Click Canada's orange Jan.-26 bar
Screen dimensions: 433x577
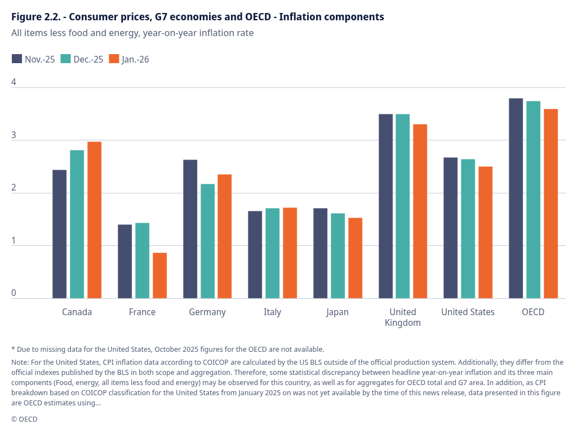tap(94, 220)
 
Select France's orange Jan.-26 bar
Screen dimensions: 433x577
tap(159, 275)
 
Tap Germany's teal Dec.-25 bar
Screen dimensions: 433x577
tap(207, 241)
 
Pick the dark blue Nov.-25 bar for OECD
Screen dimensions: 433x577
tap(516, 198)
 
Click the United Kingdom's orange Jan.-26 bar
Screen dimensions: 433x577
tap(420, 211)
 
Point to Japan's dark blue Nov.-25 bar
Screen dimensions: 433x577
tap(320, 253)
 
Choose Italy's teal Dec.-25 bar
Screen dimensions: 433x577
tap(272, 253)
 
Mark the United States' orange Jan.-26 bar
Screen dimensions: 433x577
tap(485, 232)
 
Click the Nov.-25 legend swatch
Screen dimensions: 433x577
tap(17, 59)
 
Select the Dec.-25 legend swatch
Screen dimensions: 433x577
tap(65, 59)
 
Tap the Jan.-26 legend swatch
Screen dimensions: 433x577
tap(114, 59)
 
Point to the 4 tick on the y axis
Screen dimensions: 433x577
tap(14, 82)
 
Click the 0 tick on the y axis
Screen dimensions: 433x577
tap(14, 293)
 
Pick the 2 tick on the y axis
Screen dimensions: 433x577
tap(14, 188)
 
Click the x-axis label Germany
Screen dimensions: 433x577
tap(207, 312)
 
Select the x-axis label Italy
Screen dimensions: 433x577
tap(272, 312)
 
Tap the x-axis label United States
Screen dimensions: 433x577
tap(468, 312)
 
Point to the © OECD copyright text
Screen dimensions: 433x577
tap(24, 419)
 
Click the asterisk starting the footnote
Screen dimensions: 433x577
tap(13, 349)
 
